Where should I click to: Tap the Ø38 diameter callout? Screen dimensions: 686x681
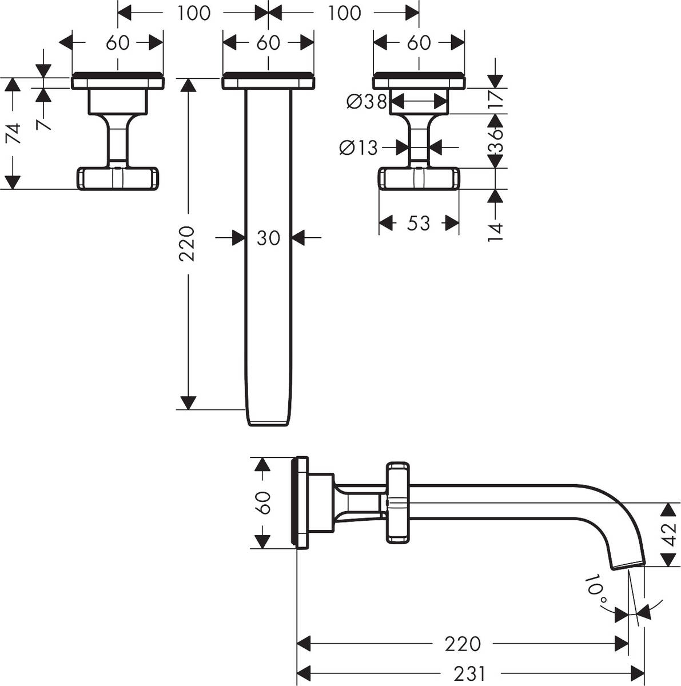[367, 102]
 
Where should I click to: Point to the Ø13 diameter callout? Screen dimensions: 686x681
[359, 147]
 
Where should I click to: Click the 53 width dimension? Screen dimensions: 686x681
[419, 223]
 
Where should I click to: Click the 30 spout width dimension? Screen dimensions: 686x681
[268, 238]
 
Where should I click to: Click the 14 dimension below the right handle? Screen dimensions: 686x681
[496, 232]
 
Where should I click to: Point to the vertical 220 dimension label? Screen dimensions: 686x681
[188, 244]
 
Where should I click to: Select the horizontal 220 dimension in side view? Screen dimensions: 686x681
[462, 644]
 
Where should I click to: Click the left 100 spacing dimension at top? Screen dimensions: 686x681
[193, 13]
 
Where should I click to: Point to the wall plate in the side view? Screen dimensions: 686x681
[301, 501]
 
